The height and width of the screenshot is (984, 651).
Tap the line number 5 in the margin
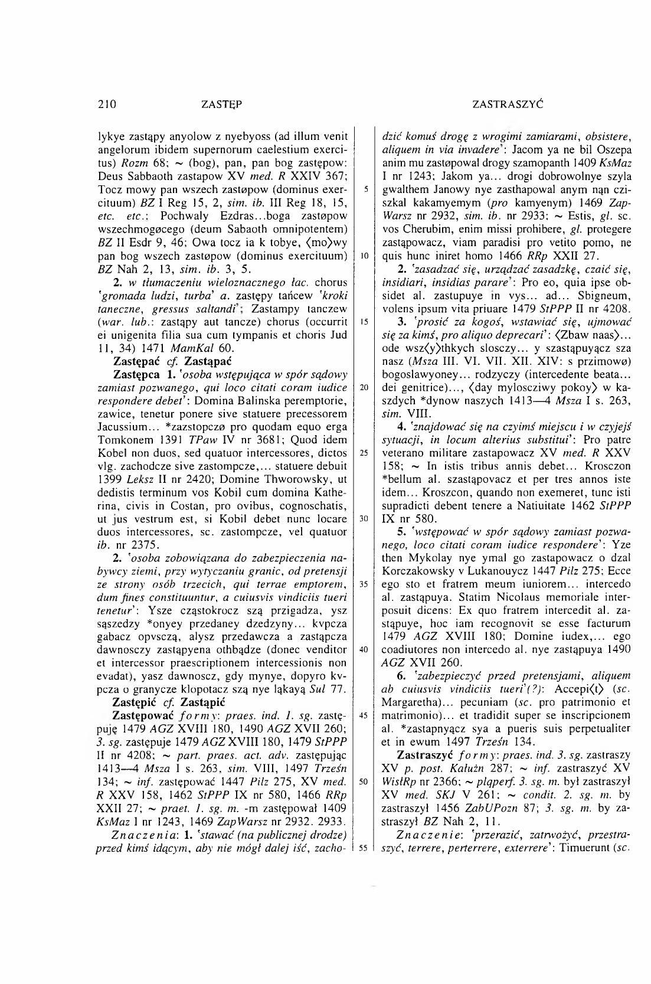[x=367, y=190]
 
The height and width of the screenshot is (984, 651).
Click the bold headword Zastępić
[x=137, y=702]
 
